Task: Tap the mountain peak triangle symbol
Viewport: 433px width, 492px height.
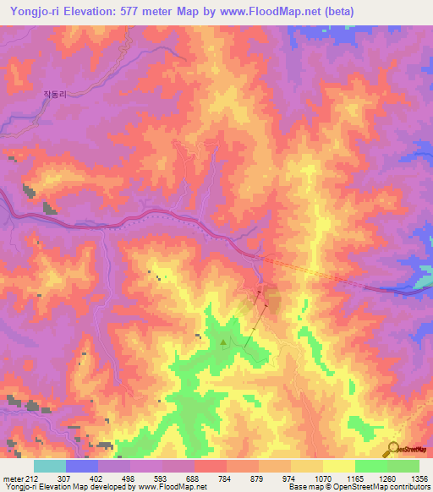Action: (x=223, y=342)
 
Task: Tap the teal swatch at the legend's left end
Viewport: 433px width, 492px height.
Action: (x=50, y=467)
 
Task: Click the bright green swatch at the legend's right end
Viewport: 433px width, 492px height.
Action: (x=403, y=467)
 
